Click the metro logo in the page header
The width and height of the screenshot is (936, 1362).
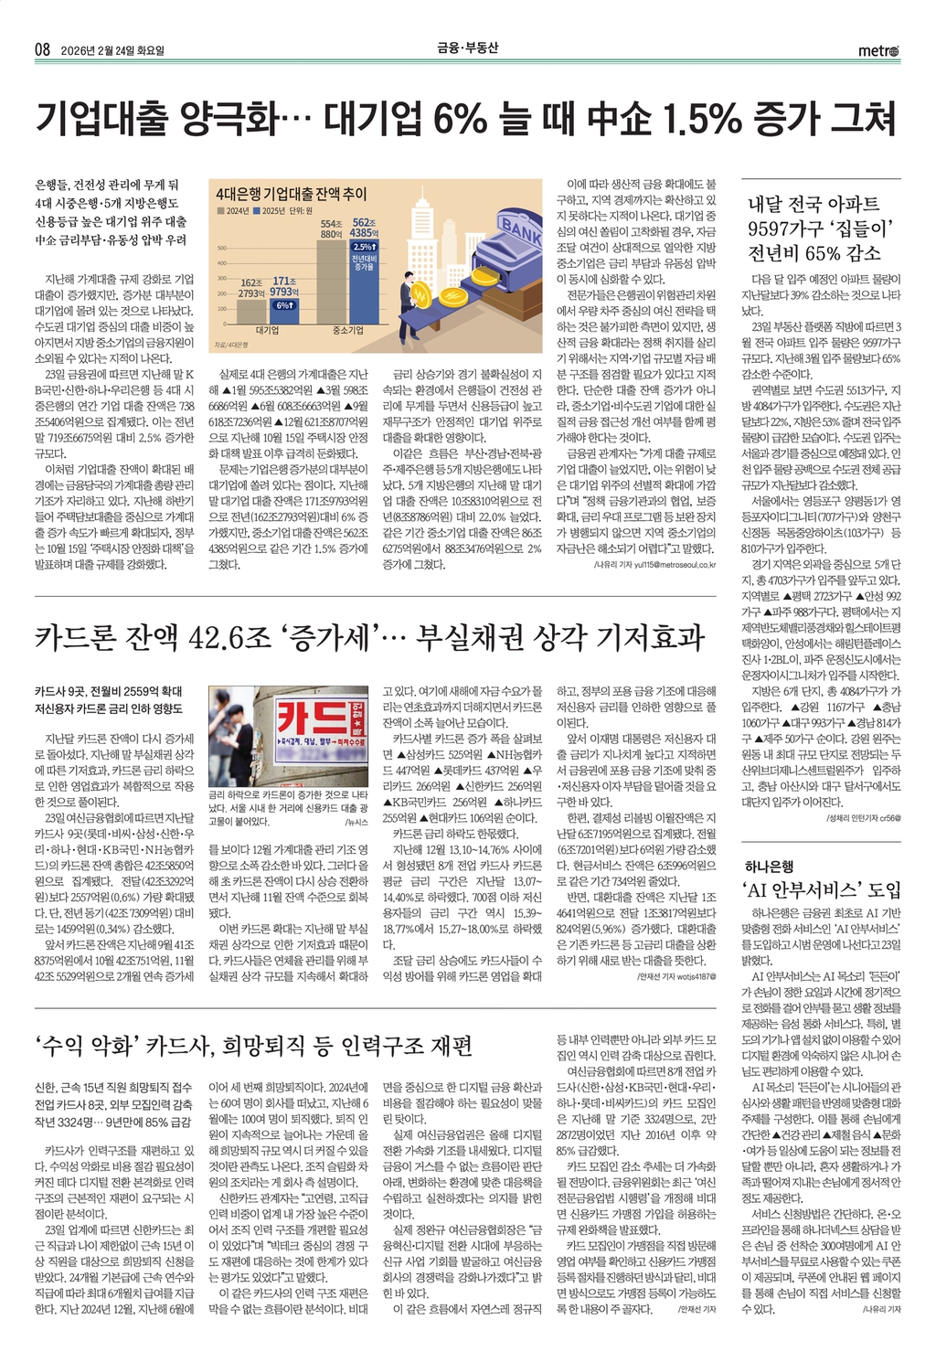pyautogui.click(x=877, y=50)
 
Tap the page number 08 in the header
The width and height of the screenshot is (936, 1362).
pyautogui.click(x=42, y=49)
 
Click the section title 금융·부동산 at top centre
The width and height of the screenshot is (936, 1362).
pyautogui.click(x=467, y=48)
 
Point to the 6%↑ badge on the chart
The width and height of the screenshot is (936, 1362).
pyautogui.click(x=284, y=304)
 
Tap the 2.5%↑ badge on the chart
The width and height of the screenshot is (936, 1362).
pyautogui.click(x=364, y=247)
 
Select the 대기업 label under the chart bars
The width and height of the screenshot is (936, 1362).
pyautogui.click(x=267, y=331)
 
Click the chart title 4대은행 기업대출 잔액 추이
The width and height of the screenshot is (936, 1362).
pyautogui.click(x=291, y=194)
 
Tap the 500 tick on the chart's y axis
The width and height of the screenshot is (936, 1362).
pyautogui.click(x=221, y=248)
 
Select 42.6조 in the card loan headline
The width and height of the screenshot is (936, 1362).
pyautogui.click(x=229, y=636)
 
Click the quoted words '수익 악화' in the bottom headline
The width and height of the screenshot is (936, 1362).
pyautogui.click(x=86, y=1046)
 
